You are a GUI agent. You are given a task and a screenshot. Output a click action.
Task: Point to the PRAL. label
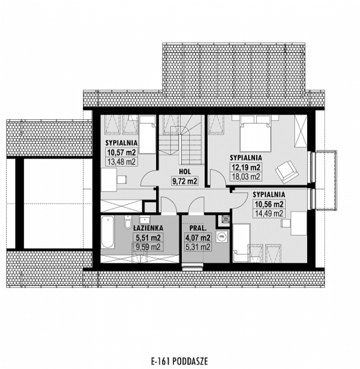click(x=197, y=226)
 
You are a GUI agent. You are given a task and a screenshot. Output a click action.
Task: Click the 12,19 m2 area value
click(x=246, y=167)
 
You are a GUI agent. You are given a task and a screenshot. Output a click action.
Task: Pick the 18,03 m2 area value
click(x=246, y=177)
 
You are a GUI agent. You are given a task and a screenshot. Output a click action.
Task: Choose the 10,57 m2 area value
click(x=120, y=152)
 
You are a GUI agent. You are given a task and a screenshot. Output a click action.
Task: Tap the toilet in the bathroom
click(x=130, y=220)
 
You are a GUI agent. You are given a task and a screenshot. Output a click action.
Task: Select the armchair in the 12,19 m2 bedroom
click(x=286, y=168)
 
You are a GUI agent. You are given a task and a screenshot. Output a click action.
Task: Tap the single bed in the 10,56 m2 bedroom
click(x=242, y=242)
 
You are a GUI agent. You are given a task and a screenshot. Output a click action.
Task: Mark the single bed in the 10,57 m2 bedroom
click(x=148, y=134)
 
